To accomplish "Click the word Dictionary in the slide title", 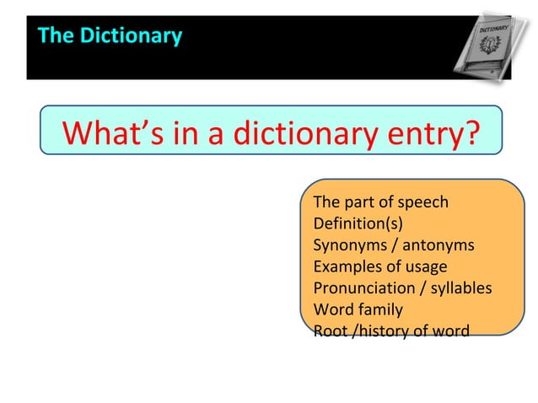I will (x=130, y=35).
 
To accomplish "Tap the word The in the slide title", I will (x=56, y=35).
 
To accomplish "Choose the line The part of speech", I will (x=380, y=202).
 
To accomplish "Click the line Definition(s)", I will (x=358, y=223).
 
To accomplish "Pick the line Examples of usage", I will (x=379, y=266).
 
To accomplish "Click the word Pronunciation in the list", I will (x=362, y=288).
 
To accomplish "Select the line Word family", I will (x=358, y=309).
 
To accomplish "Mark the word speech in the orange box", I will (x=424, y=202).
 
